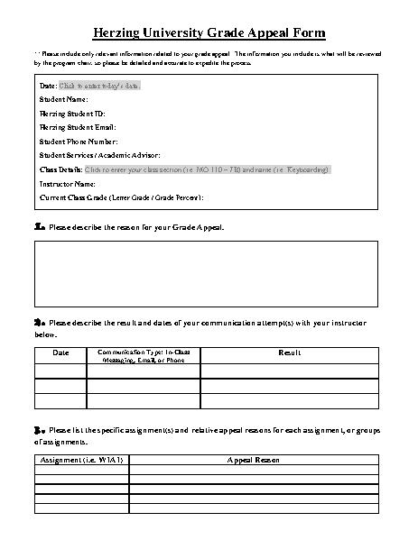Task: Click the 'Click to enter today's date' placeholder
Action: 99,86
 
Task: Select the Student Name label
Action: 64,99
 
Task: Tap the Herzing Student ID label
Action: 71,113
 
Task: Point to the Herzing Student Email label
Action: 76,127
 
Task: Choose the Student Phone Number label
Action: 79,142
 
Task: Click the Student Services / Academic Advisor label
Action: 98,155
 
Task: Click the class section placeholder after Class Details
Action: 207,169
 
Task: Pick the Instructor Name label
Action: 68,183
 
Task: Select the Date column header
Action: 60,352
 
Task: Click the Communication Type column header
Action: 144,355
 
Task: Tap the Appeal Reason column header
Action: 254,460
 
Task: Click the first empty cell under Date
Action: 60,371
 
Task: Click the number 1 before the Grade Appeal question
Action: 39,228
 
